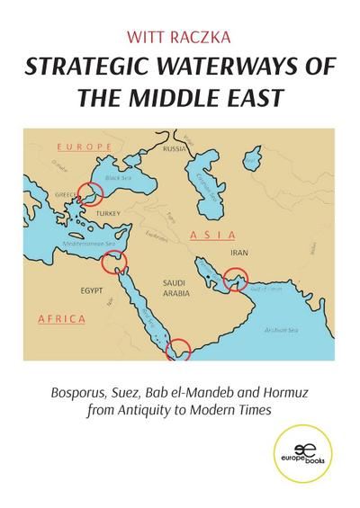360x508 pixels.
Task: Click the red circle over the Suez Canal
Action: click(x=114, y=262)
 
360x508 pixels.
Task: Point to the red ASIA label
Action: click(x=206, y=234)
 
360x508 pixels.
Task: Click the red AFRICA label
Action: click(x=62, y=318)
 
